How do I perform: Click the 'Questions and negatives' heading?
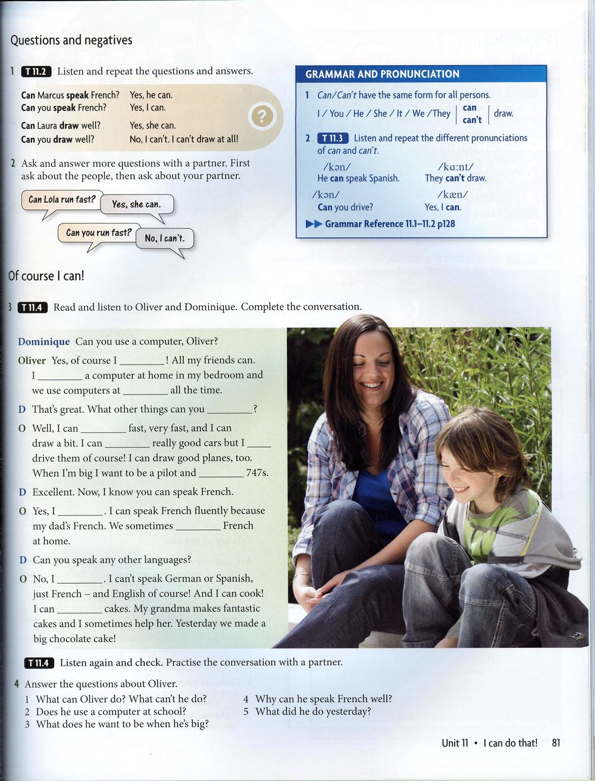point(71,40)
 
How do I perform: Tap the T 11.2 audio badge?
point(36,71)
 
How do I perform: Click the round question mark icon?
point(262,116)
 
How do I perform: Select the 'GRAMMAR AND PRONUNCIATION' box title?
point(382,74)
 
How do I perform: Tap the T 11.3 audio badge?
point(333,138)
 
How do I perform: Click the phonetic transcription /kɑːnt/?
point(455,167)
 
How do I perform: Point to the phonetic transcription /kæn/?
point(452,195)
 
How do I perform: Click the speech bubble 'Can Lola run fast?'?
point(62,200)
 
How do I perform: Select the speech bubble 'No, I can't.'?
point(165,239)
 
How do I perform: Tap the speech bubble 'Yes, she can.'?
point(136,204)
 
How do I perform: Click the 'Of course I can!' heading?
point(46,276)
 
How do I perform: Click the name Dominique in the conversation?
point(43,342)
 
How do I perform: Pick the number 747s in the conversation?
point(257,473)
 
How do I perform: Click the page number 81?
point(556,742)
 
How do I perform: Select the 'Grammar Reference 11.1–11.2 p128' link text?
point(390,224)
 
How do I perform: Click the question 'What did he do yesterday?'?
point(313,711)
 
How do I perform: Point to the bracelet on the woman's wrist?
point(303,575)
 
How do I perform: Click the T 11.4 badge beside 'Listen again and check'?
point(39,663)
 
